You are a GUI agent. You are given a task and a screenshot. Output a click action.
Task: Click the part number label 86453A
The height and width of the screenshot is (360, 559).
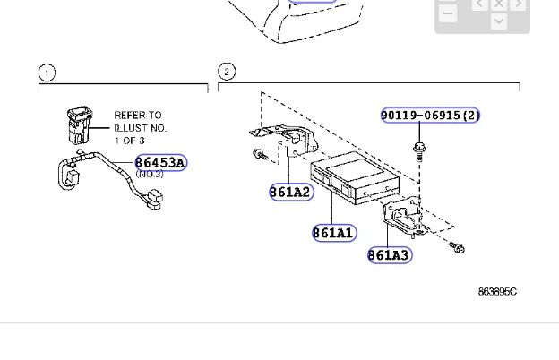click(161, 162)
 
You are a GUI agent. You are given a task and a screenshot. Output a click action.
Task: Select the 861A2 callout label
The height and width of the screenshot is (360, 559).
click(291, 193)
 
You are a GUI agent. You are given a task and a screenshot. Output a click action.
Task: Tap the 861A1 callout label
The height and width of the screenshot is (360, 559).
click(334, 233)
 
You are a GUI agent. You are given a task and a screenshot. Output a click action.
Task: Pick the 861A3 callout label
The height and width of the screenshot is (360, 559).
click(390, 255)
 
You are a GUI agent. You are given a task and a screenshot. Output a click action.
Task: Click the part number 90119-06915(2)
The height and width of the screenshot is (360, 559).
click(430, 116)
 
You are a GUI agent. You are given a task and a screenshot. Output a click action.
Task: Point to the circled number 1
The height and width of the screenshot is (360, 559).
click(47, 73)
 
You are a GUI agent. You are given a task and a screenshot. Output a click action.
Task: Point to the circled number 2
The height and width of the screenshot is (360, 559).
click(227, 72)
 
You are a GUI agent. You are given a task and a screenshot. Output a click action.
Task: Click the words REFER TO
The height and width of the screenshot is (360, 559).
click(138, 116)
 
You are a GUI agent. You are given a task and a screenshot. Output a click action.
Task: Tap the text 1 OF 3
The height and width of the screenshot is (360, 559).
click(129, 141)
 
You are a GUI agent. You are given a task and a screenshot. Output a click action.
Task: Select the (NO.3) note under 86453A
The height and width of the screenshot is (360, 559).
click(150, 174)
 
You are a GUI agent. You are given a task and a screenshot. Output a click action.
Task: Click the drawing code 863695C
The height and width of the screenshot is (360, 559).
click(497, 292)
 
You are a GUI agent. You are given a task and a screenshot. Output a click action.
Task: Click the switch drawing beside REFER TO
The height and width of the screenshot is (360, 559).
click(80, 125)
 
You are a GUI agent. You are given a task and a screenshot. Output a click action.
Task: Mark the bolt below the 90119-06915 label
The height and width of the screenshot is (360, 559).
click(419, 151)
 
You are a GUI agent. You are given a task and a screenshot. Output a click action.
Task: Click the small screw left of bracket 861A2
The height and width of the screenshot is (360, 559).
click(261, 155)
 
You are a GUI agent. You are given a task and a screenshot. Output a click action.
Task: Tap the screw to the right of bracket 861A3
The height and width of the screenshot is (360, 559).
click(457, 247)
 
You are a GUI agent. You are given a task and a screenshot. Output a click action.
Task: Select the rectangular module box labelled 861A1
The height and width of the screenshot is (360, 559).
click(355, 178)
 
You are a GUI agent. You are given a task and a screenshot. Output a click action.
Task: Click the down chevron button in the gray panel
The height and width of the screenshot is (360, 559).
click(499, 21)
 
